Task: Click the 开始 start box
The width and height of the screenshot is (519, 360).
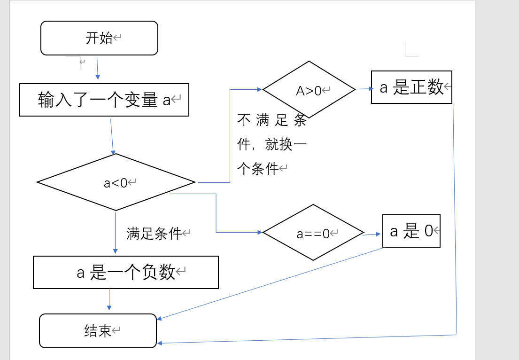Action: pos(99,38)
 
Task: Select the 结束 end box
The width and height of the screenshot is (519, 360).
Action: pos(98,331)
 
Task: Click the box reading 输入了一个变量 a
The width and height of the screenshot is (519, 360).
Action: pos(104,100)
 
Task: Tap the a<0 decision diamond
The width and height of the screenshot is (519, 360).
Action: pos(116,182)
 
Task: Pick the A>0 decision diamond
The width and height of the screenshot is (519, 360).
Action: pos(309,89)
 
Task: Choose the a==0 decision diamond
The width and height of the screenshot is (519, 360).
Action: pos(313,233)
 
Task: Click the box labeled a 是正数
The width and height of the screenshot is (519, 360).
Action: pos(411,87)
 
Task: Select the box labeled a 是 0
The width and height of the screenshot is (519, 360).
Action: pos(411,231)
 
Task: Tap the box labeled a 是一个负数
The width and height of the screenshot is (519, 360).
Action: pos(125,272)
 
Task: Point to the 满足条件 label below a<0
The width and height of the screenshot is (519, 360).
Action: pos(154,233)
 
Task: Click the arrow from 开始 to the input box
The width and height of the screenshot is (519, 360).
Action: pos(98,68)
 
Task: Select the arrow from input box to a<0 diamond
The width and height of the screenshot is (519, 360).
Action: pos(112,136)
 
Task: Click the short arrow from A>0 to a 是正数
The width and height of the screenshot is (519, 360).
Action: pos(364,88)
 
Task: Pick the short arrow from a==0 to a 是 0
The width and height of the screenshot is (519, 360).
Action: pos(372,234)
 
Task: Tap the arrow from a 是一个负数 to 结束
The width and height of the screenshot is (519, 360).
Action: pos(109,299)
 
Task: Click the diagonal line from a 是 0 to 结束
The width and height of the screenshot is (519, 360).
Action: pos(270,283)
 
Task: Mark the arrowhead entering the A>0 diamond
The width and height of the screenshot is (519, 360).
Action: pos(259,89)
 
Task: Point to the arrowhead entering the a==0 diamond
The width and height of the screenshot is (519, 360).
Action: pos(259,232)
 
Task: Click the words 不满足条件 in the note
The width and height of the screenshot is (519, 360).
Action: pos(272,121)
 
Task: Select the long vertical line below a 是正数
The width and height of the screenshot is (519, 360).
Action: pos(455,216)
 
